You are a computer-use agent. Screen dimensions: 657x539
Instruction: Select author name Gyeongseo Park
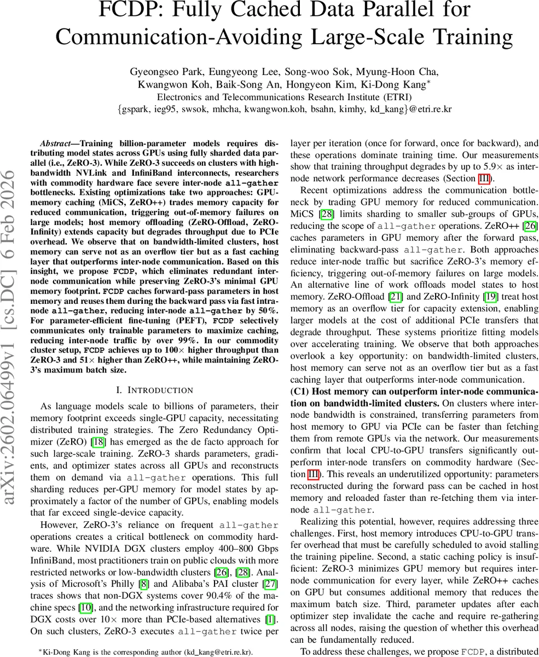[x=158, y=72]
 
